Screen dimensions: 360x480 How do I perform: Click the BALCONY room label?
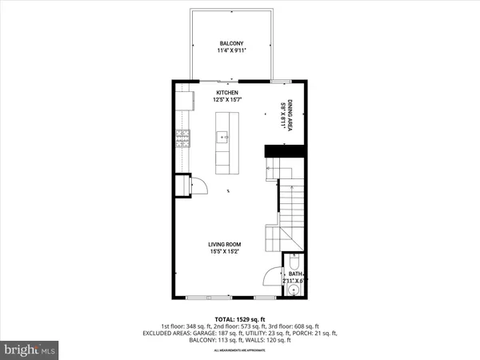[231, 43]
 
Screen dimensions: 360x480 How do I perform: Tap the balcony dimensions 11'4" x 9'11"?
[231, 51]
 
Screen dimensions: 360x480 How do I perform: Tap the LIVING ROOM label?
[225, 245]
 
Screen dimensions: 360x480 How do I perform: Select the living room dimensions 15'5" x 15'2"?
[225, 253]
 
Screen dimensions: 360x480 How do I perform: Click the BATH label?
[295, 274]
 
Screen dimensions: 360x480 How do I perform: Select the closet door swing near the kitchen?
[201, 186]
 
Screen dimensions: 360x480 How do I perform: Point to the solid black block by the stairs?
[286, 150]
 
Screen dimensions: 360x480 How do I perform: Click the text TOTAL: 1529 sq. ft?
[241, 318]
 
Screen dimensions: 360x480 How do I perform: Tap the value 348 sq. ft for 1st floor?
[198, 326]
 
